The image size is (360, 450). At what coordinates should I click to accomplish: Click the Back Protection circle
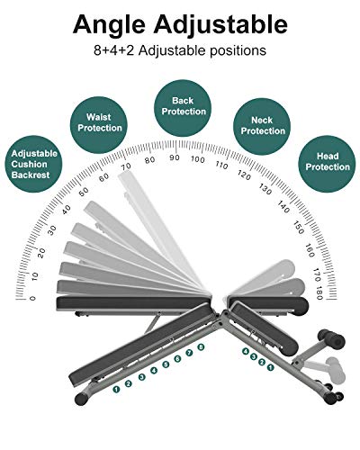point(183,108)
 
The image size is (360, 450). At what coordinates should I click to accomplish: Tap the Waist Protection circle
point(99,125)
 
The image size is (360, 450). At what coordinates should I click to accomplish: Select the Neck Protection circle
point(262,127)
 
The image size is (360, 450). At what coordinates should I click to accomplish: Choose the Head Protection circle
point(328,164)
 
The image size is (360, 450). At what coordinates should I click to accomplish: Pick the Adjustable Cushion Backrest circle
point(33,164)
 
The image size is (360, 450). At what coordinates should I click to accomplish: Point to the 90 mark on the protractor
point(175,157)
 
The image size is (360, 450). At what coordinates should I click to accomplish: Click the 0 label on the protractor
point(32,298)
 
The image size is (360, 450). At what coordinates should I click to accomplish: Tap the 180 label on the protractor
point(319,292)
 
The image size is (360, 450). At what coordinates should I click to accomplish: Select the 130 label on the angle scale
point(265,189)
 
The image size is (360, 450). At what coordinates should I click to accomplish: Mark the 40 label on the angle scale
point(67,210)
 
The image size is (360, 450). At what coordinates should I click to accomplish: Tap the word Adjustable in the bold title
point(220,24)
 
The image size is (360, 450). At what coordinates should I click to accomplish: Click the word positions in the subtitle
point(238,50)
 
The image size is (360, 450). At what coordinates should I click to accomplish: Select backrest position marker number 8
point(201,346)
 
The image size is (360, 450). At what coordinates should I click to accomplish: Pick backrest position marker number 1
point(116,390)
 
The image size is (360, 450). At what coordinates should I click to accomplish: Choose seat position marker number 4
point(246,351)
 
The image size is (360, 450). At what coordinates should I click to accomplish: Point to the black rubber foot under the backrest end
point(82,399)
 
